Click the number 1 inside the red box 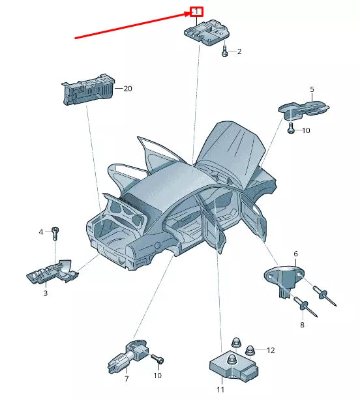click(196, 12)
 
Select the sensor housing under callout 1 click(207, 33)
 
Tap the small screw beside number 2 click(224, 51)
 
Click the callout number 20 click(128, 89)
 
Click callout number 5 click(312, 89)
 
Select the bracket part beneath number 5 click(303, 111)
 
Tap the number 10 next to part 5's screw click(306, 130)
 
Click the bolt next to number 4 click(55, 233)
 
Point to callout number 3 click(45, 293)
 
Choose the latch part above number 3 click(53, 272)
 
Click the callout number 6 click(296, 254)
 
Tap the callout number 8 click(302, 325)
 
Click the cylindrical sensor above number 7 click(128, 356)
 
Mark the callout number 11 click(220, 389)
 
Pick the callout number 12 click(271, 350)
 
